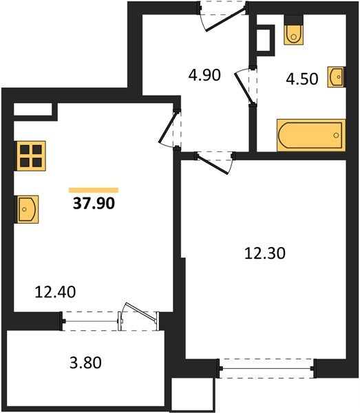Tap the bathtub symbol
(x=310, y=135)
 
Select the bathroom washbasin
(x=336, y=76)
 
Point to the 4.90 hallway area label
(x=204, y=75)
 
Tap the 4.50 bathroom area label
(x=302, y=78)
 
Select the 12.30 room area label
(x=264, y=253)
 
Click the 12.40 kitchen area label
(x=54, y=292)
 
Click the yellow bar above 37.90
(x=94, y=190)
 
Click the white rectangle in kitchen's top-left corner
(x=32, y=110)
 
